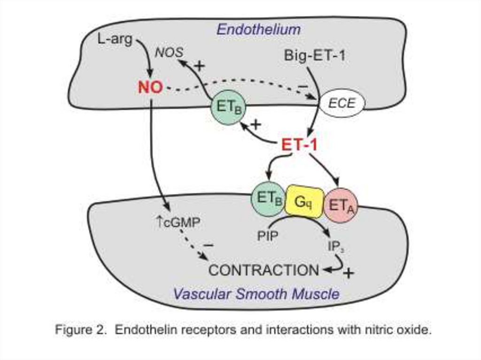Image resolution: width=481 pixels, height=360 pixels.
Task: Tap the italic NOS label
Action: [169, 52]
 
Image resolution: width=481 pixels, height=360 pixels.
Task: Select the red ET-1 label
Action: [299, 146]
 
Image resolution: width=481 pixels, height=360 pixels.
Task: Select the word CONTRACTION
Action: [263, 270]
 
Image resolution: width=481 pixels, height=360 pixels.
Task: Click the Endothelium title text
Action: [258, 30]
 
